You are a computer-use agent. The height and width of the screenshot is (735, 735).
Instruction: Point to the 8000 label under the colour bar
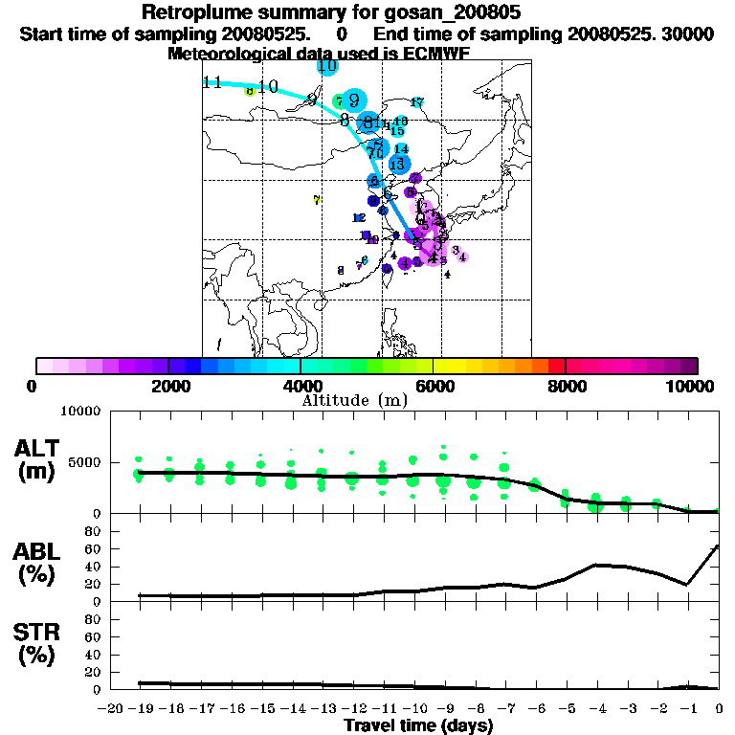pos(566,386)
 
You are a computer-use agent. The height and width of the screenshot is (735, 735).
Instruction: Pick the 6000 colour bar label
pos(433,386)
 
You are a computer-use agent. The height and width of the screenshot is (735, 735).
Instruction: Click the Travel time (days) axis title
pos(418,726)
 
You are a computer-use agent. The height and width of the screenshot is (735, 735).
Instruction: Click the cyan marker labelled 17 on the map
pos(417,102)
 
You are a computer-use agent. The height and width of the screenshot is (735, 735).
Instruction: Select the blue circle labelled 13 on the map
pos(397,165)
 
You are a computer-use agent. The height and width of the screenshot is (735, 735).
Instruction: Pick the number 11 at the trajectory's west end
pos(213,82)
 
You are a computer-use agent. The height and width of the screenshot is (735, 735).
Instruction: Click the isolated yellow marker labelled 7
pos(317,200)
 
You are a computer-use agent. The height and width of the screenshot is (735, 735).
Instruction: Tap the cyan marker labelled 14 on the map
pos(402,148)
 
